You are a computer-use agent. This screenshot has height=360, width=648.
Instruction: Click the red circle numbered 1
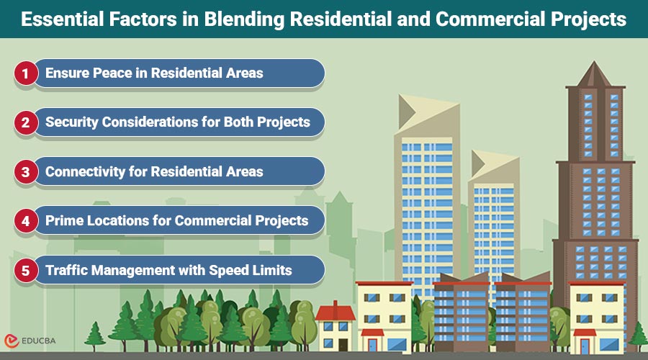[24, 73]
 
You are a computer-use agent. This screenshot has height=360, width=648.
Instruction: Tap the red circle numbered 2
[24, 122]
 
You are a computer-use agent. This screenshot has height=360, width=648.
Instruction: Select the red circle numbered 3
[24, 172]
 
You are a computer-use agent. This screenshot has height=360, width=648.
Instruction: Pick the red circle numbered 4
[24, 221]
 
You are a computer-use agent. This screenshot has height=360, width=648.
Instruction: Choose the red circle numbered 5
[24, 271]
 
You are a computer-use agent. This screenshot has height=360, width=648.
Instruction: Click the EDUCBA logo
[33, 341]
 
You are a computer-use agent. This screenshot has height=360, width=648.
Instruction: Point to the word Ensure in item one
[66, 73]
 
